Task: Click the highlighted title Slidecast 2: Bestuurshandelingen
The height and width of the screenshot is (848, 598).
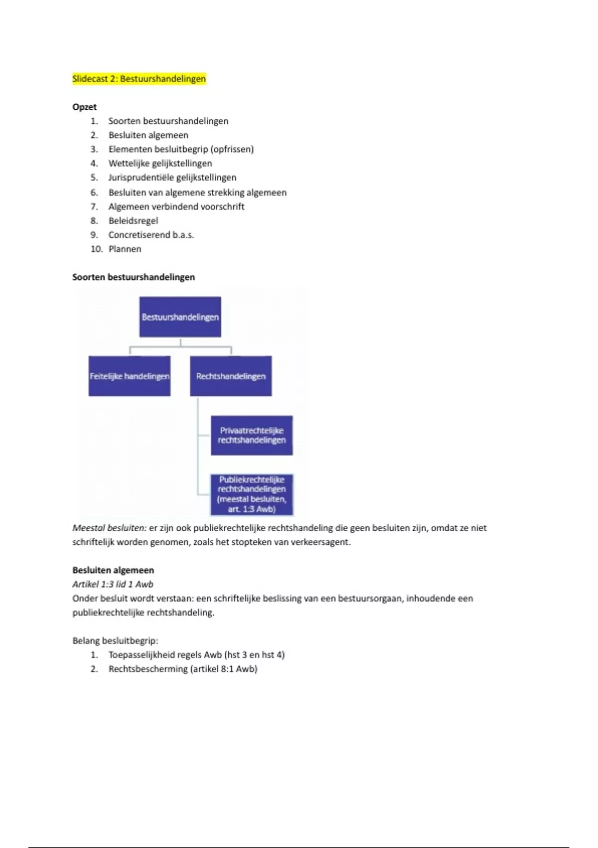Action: [139, 79]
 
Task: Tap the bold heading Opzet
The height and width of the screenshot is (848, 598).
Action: [84, 107]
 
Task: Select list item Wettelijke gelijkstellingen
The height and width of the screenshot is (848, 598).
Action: [160, 163]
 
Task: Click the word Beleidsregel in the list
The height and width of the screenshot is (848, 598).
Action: [133, 220]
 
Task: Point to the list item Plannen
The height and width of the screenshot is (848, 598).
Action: [125, 249]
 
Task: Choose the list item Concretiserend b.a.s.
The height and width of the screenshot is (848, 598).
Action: [151, 234]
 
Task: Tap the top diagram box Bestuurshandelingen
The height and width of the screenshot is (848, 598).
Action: [180, 317]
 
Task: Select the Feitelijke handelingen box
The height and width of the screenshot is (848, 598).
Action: [130, 376]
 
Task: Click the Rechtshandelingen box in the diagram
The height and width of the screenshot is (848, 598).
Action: [231, 376]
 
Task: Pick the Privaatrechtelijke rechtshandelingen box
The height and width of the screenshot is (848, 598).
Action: [252, 435]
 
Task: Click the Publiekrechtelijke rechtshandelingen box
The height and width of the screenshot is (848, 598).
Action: [252, 494]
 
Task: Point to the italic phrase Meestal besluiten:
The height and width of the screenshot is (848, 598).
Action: [109, 528]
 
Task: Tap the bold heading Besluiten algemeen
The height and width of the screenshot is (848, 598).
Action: [113, 570]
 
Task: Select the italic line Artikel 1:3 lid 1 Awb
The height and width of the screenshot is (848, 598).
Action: [113, 584]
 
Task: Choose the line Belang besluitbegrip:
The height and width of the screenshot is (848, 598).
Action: [115, 640]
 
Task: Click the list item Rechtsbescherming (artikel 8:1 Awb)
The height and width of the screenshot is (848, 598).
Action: [182, 669]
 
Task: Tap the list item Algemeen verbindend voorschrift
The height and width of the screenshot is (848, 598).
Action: [176, 207]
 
